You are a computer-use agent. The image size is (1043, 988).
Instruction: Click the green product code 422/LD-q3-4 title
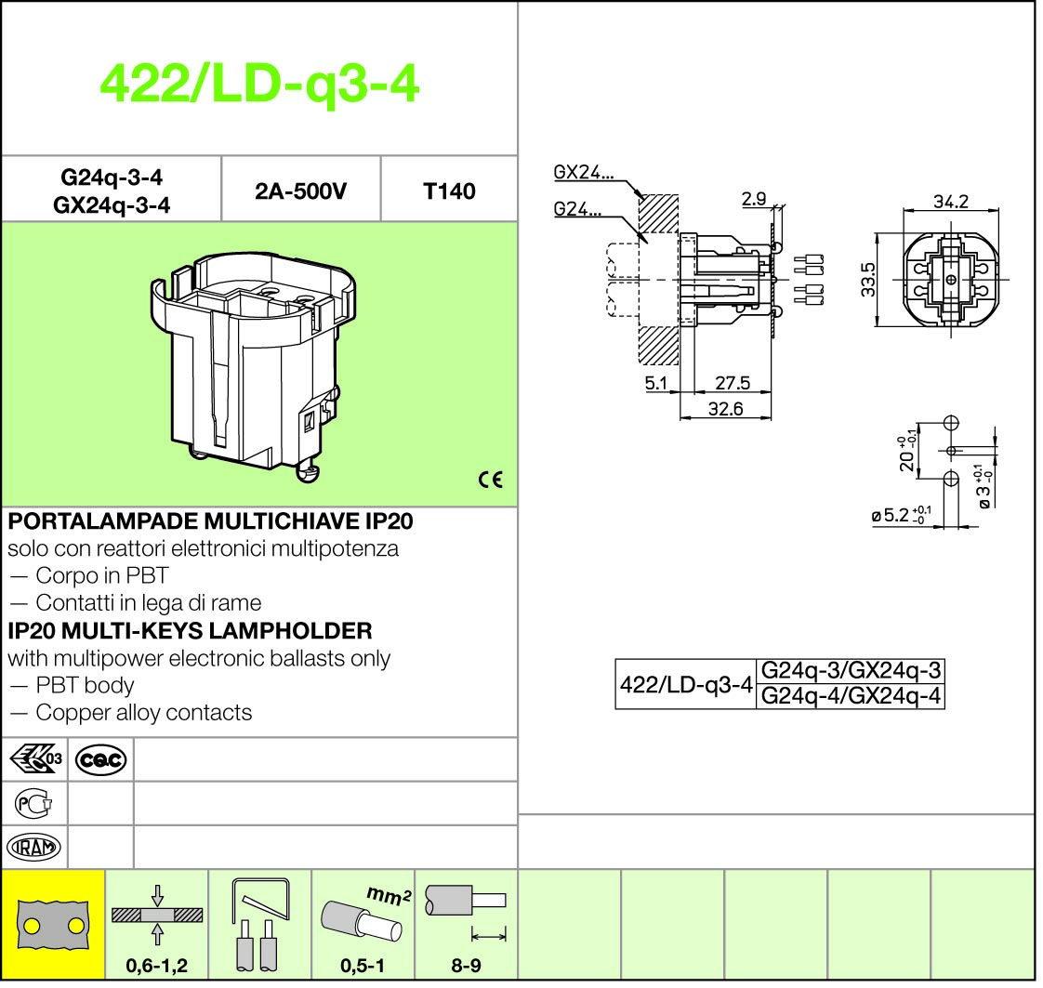[x=259, y=85]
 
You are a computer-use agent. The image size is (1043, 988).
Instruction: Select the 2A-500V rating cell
[x=300, y=191]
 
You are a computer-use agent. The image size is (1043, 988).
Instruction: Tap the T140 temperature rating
[x=449, y=191]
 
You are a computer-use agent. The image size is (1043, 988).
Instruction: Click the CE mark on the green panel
[x=491, y=480]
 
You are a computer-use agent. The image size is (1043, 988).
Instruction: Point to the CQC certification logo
[x=100, y=759]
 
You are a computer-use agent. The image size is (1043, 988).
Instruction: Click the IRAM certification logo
[x=33, y=847]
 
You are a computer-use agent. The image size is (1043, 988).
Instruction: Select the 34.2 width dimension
[x=951, y=202]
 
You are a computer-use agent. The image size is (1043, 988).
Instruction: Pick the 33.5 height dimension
[x=867, y=279]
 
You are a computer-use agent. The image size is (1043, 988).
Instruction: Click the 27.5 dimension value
[x=733, y=383]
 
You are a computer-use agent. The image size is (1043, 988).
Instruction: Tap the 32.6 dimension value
[x=725, y=409]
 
